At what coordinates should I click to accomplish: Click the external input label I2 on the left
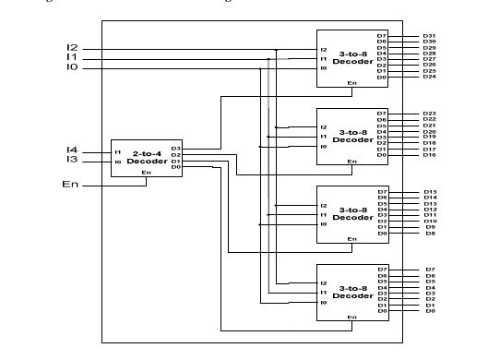pyautogui.click(x=72, y=48)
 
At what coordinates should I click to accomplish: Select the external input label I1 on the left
pyautogui.click(x=72, y=58)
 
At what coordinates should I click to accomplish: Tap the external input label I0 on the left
pyautogui.click(x=72, y=68)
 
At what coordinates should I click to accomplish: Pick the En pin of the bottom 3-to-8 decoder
pyautogui.click(x=351, y=318)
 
